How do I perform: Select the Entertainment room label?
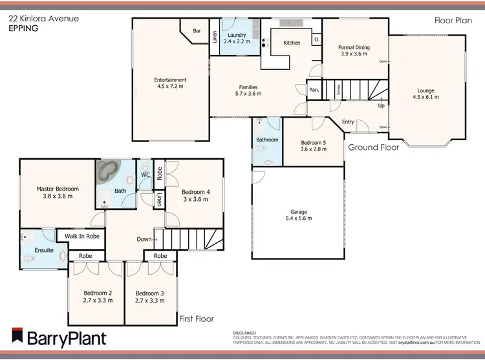[171, 80]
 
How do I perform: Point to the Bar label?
[197, 30]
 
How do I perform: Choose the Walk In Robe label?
[82, 237]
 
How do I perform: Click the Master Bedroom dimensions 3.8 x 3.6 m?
[58, 196]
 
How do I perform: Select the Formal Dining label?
[353, 47]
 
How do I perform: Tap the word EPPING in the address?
[23, 29]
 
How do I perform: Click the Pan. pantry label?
[314, 90]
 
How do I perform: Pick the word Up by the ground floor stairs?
[382, 105]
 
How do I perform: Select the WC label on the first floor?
[145, 175]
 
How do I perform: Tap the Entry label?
[348, 122]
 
